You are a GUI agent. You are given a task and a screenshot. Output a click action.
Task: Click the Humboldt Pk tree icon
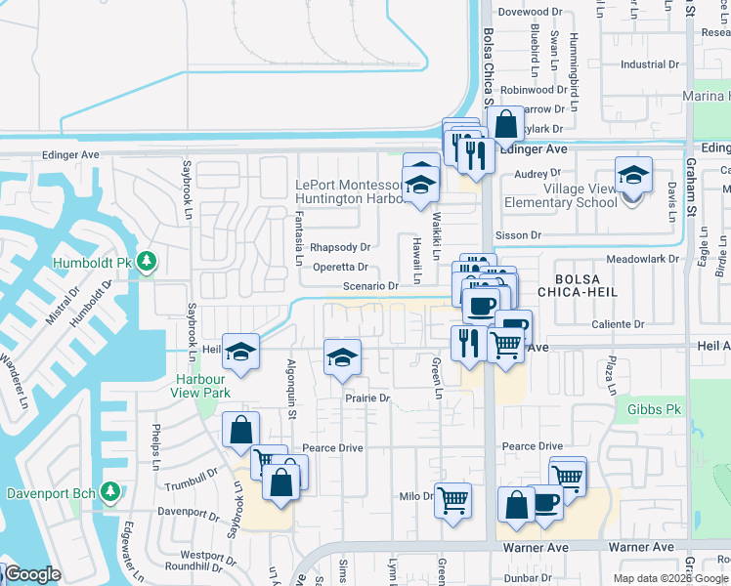pos(147,262)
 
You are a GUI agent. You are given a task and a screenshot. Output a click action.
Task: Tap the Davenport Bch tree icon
pos(110,490)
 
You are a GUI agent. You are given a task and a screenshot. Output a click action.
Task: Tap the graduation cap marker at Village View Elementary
pos(632,177)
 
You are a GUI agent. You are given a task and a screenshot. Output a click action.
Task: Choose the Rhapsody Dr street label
pos(340,247)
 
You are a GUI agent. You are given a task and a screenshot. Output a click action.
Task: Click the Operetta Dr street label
pos(340,267)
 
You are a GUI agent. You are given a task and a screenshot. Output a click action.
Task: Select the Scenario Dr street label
pos(370,286)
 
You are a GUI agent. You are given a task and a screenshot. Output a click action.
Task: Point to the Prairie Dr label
pos(366,398)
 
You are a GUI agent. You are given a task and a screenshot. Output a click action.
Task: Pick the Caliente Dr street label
pos(619,323)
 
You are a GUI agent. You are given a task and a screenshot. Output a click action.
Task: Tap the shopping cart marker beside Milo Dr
pos(452,500)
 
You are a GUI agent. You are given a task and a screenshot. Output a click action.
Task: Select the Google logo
pos(32,574)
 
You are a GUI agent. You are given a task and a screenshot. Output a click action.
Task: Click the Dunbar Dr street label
pos(528,577)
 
